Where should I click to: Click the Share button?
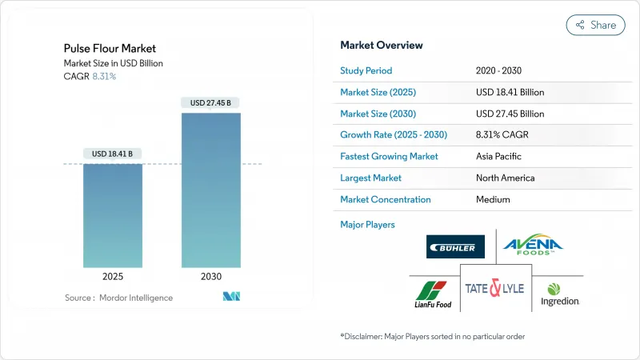[595, 25]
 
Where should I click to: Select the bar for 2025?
[113, 215]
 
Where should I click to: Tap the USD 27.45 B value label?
[211, 102]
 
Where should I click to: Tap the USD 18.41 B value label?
[113, 154]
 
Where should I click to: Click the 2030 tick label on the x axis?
[211, 276]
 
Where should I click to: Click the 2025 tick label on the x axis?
[113, 276]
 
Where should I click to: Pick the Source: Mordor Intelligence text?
[118, 298]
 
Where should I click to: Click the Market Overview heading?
[382, 46]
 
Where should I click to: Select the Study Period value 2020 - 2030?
[499, 70]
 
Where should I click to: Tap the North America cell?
[505, 178]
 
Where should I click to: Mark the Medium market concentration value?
[494, 200]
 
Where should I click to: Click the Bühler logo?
[455, 246]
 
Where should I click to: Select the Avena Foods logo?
[533, 245]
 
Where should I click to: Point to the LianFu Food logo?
[433, 294]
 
